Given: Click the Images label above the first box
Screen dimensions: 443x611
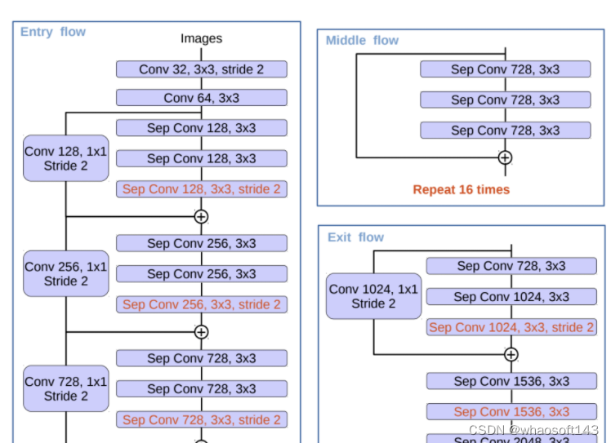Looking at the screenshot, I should (x=201, y=38).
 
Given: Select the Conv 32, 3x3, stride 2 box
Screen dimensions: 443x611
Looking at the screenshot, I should (x=201, y=69).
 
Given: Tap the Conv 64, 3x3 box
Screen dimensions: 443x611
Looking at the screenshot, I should (x=201, y=98).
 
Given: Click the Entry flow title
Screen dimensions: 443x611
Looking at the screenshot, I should (x=53, y=32).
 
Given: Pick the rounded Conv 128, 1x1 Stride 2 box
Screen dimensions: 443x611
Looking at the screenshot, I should (x=65, y=158).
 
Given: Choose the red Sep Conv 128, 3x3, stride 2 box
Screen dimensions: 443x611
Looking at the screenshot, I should (x=201, y=189).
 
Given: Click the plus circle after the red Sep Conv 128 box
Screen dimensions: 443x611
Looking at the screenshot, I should (x=201, y=217).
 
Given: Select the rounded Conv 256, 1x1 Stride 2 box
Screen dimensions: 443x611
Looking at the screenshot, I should (x=65, y=273).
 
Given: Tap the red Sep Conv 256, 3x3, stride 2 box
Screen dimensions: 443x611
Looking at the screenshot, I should (x=201, y=304).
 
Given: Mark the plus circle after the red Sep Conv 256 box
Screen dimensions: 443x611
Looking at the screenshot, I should (x=201, y=332).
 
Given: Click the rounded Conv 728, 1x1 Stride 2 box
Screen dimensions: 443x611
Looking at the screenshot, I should (x=65, y=388).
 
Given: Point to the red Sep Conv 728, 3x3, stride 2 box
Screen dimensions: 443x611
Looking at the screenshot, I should (x=201, y=419).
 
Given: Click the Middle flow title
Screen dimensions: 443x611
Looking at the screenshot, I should (x=362, y=40).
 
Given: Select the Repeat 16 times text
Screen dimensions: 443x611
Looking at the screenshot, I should (x=461, y=189).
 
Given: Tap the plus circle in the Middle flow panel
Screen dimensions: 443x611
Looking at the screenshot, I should (x=505, y=157).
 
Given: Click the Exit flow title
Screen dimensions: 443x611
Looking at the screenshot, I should (x=355, y=237).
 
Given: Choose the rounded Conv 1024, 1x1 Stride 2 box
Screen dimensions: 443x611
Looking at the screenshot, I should (x=372, y=296).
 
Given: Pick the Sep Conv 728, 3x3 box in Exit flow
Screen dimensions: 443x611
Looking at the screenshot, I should (x=511, y=266).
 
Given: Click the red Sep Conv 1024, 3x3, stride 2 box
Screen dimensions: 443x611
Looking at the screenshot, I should (x=511, y=327).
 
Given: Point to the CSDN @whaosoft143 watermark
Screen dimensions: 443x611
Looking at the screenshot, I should (x=533, y=429).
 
